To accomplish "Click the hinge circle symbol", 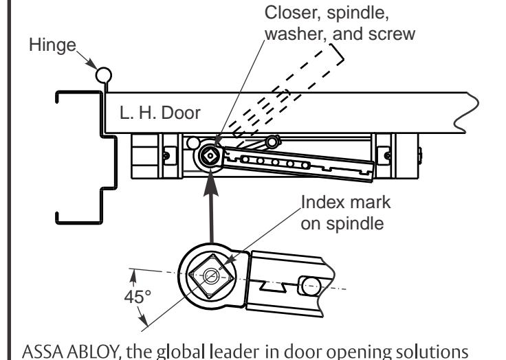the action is coord(104,76).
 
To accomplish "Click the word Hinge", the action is coord(53,45).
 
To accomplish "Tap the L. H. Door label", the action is coord(160,113).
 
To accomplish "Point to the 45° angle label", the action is coord(137,297).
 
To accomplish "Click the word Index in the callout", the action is coord(323,202).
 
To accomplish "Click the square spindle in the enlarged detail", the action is coord(211,275).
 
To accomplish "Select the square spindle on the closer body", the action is coord(210,156).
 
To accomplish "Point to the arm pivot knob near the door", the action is coord(272,142).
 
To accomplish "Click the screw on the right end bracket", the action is coord(387,156).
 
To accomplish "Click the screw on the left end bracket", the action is coord(166,156).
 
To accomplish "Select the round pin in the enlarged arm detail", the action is coord(310,285).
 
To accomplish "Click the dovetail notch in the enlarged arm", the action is coord(273,286).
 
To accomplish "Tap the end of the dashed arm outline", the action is coord(337,52).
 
